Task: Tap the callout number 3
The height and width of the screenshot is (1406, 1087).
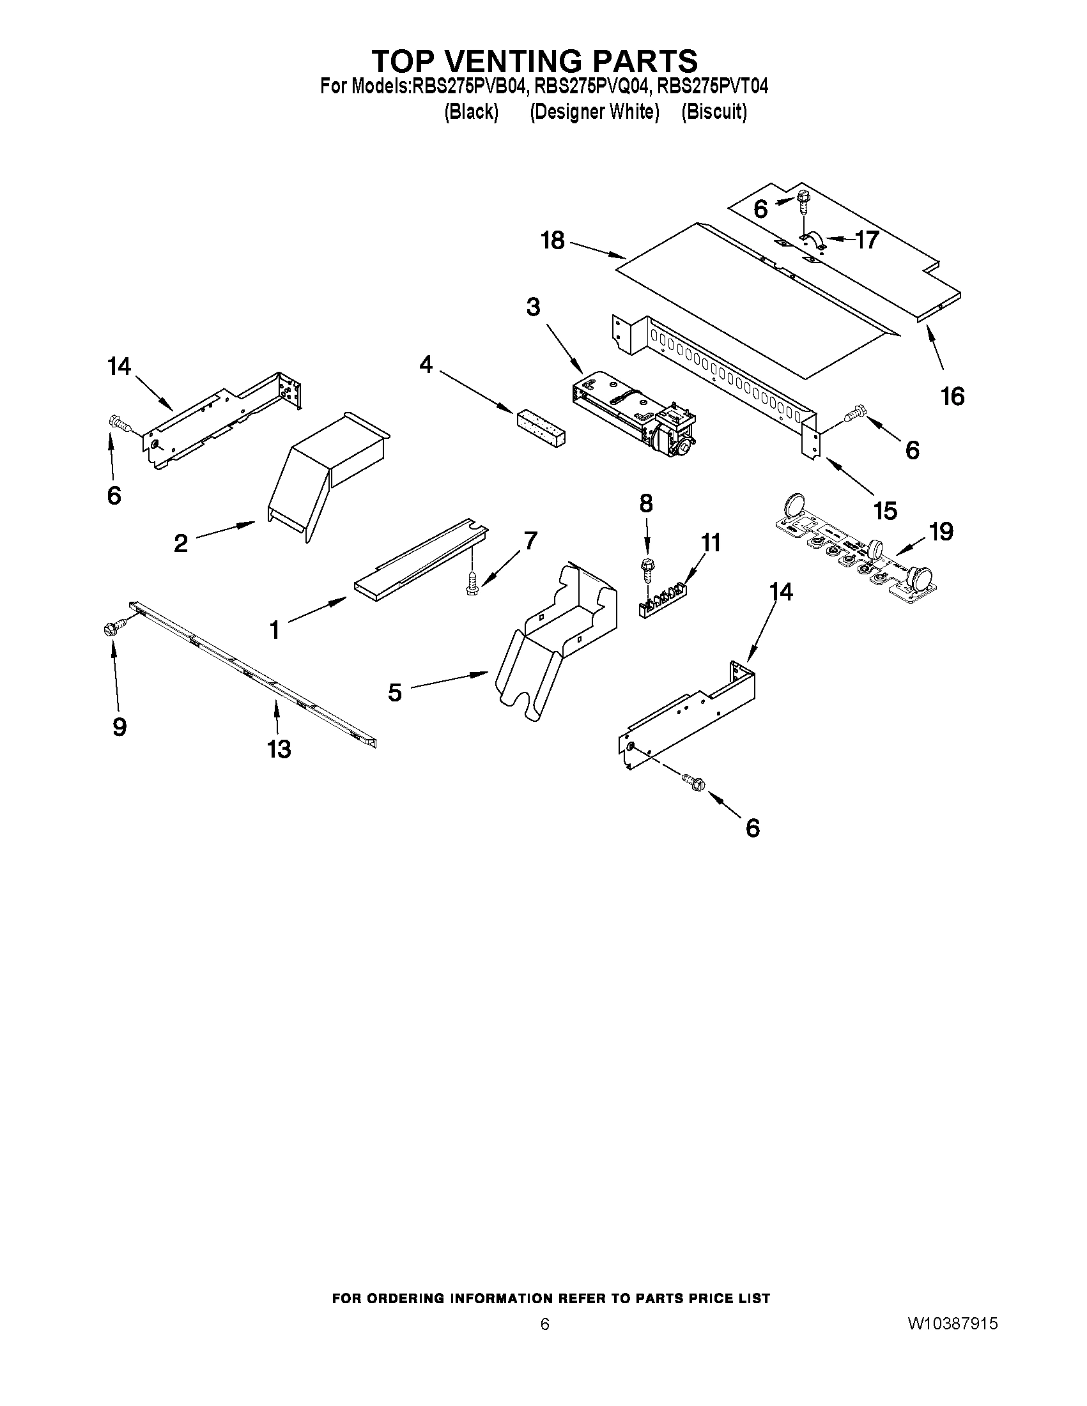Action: point(532,307)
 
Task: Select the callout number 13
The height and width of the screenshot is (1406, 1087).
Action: point(279,749)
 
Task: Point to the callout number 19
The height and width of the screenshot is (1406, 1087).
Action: point(941,531)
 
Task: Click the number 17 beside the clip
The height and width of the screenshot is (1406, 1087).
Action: point(867,240)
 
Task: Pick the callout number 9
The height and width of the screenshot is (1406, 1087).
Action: point(119,727)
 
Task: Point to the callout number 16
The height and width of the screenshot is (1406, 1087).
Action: point(952,396)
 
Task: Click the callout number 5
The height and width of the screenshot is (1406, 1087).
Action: point(394,692)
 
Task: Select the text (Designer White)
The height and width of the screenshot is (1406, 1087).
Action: point(594,112)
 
